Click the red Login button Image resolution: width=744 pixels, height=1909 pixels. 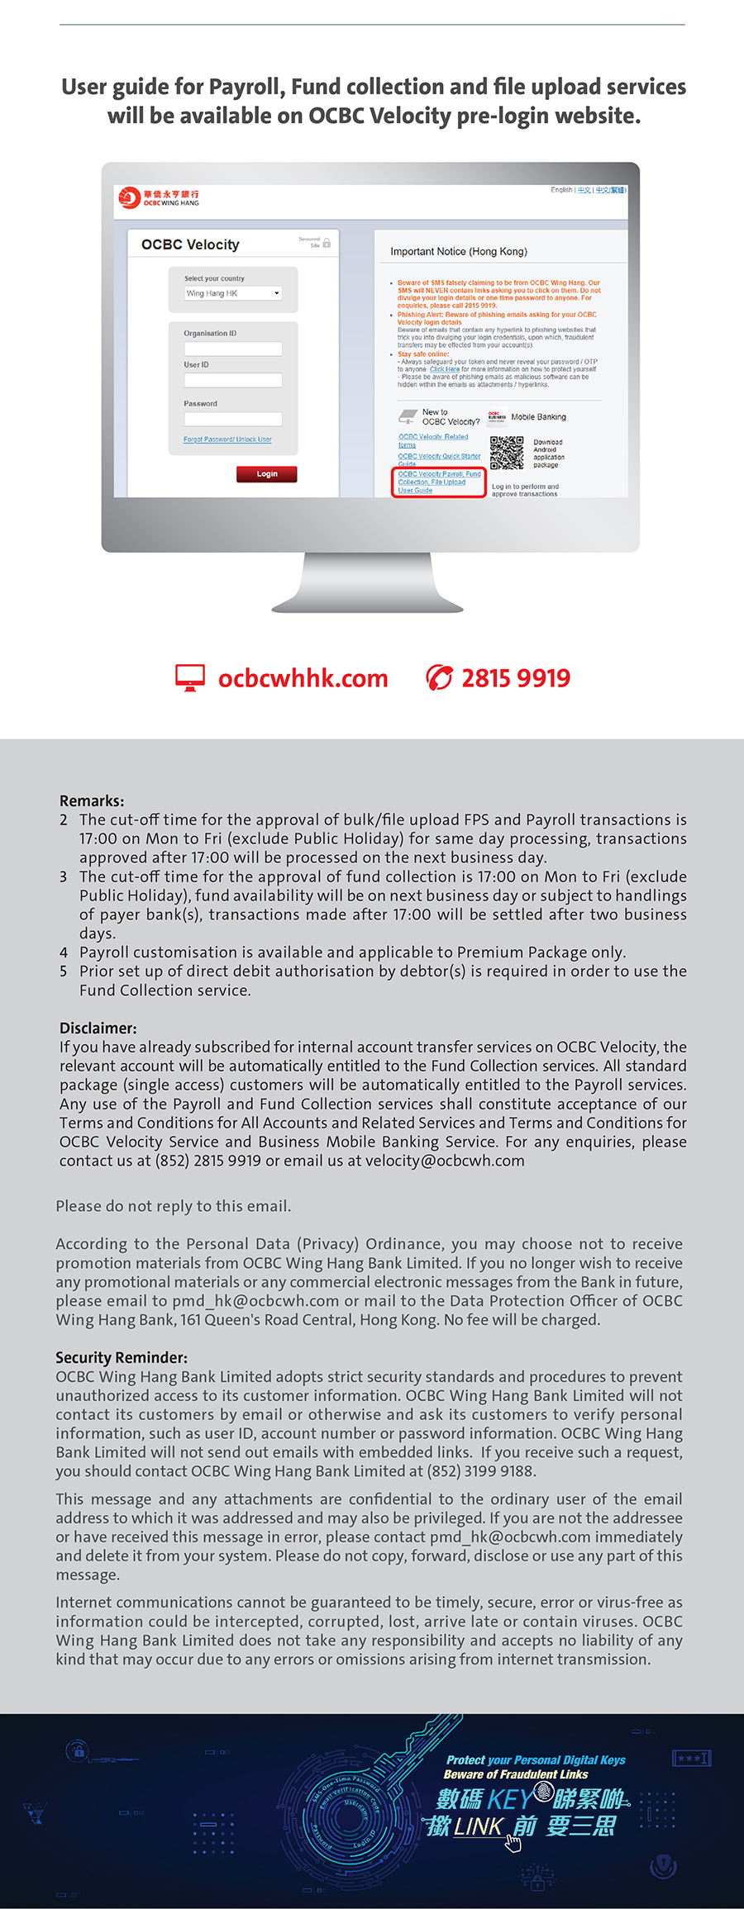266,474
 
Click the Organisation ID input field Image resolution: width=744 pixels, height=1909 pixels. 233,349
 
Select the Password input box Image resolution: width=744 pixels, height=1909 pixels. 233,419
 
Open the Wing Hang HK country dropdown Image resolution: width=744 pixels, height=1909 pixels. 233,293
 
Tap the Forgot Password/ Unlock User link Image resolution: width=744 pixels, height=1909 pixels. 227,439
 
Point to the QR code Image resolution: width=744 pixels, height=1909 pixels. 507,453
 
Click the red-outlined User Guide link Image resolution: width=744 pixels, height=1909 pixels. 438,482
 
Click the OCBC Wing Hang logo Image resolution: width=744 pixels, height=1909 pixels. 159,198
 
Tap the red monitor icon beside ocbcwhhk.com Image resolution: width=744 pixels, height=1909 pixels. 190,678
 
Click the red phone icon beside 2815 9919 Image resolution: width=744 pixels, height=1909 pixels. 439,678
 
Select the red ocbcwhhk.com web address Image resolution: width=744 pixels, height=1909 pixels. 303,679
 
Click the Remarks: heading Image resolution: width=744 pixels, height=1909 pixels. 92,800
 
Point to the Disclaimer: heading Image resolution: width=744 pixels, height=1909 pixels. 98,1028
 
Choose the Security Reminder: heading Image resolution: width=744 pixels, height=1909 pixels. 122,1357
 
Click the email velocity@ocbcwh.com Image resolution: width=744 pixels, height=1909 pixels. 445,1161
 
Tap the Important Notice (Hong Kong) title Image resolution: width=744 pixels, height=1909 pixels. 458,252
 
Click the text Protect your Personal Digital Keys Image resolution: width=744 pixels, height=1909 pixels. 536,1760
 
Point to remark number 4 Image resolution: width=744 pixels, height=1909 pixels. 64,952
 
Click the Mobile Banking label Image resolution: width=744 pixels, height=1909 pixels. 538,417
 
